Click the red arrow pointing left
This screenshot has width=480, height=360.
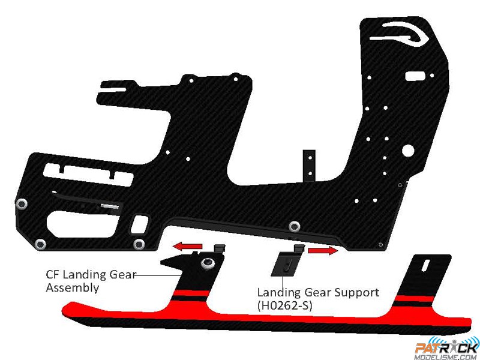coord(187,246)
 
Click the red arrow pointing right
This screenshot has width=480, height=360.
coord(323,250)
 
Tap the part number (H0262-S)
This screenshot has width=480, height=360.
coord(284,305)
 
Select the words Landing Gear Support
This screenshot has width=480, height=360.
coord(318,293)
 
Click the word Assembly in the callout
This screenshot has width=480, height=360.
coord(73,288)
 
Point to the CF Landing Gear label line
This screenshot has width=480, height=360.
coord(157,275)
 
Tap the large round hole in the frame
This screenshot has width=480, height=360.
coord(408,150)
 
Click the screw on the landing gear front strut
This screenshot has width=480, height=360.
coord(207,263)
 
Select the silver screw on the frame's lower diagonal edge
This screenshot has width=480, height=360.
coord(294,226)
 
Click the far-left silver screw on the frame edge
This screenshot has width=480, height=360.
coord(22,204)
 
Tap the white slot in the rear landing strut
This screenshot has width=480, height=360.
coord(425,266)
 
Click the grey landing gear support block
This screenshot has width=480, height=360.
coord(286,262)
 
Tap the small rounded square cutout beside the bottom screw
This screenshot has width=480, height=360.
coord(139,224)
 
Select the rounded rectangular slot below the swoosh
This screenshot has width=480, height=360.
coord(415,76)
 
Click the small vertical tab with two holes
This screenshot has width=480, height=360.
coord(309,166)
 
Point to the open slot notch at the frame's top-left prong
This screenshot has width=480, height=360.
coord(115,89)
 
